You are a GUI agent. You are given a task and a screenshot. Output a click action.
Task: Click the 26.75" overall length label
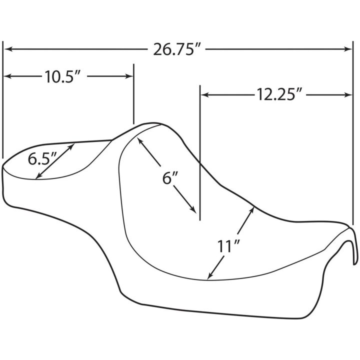[x=177, y=49]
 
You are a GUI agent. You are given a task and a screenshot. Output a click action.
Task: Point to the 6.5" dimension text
[x=42, y=158]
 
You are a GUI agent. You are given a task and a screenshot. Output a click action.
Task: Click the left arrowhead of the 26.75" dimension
[x=8, y=49]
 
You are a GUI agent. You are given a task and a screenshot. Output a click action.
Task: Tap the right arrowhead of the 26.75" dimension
[x=347, y=49]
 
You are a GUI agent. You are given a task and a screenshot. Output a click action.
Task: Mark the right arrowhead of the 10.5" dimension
[x=129, y=76]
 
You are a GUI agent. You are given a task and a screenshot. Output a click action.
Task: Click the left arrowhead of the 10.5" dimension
[x=8, y=76]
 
